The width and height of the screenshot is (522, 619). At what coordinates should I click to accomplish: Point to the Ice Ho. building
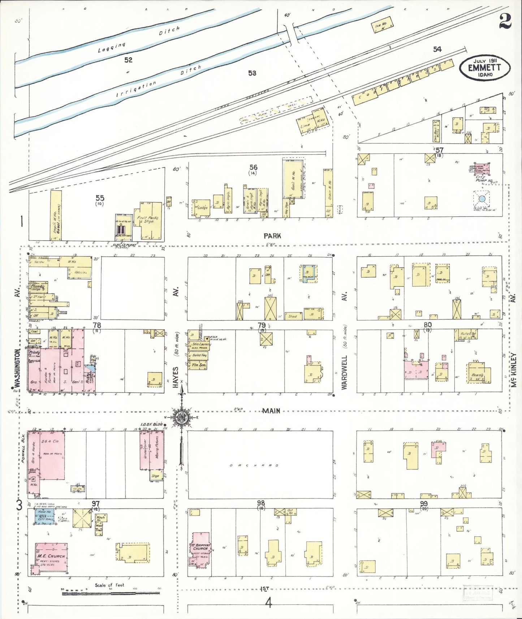click(x=382, y=25)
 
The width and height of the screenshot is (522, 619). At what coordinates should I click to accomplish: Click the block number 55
click(x=100, y=198)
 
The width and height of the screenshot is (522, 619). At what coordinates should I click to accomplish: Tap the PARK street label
click(x=272, y=236)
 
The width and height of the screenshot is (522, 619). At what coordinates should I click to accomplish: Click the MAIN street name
click(x=271, y=411)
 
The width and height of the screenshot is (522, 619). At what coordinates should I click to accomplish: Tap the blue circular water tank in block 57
click(x=482, y=199)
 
